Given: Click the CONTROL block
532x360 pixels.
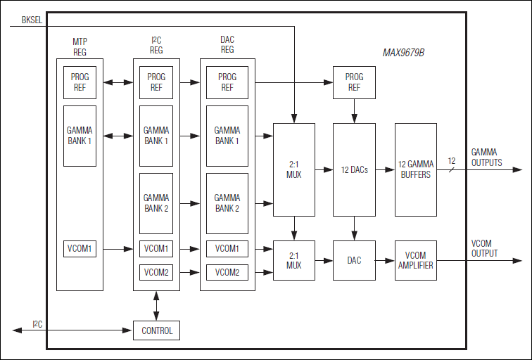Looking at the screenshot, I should [156, 330].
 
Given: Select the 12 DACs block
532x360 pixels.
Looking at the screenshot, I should [354, 170].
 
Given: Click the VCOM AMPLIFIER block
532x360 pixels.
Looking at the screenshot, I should [416, 260].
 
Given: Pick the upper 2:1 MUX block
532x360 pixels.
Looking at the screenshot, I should [294, 170].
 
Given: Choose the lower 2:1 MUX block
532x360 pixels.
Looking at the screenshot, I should [294, 260].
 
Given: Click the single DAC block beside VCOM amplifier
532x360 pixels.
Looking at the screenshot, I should [354, 260].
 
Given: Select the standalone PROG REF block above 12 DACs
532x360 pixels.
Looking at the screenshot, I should [354, 82].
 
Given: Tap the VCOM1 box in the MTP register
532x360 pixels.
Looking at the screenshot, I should [80, 249].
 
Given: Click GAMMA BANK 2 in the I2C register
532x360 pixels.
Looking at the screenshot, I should [156, 203].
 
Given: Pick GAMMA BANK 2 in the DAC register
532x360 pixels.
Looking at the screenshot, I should [227, 203].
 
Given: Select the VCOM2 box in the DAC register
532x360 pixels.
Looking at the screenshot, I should [227, 272].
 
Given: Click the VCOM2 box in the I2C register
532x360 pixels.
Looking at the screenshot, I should [156, 272].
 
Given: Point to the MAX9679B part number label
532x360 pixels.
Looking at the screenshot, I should [403, 53].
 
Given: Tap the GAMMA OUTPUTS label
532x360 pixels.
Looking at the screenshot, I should [486, 157].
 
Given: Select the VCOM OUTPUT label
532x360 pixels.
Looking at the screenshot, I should [484, 248].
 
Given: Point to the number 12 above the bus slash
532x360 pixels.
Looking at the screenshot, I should [451, 161].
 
